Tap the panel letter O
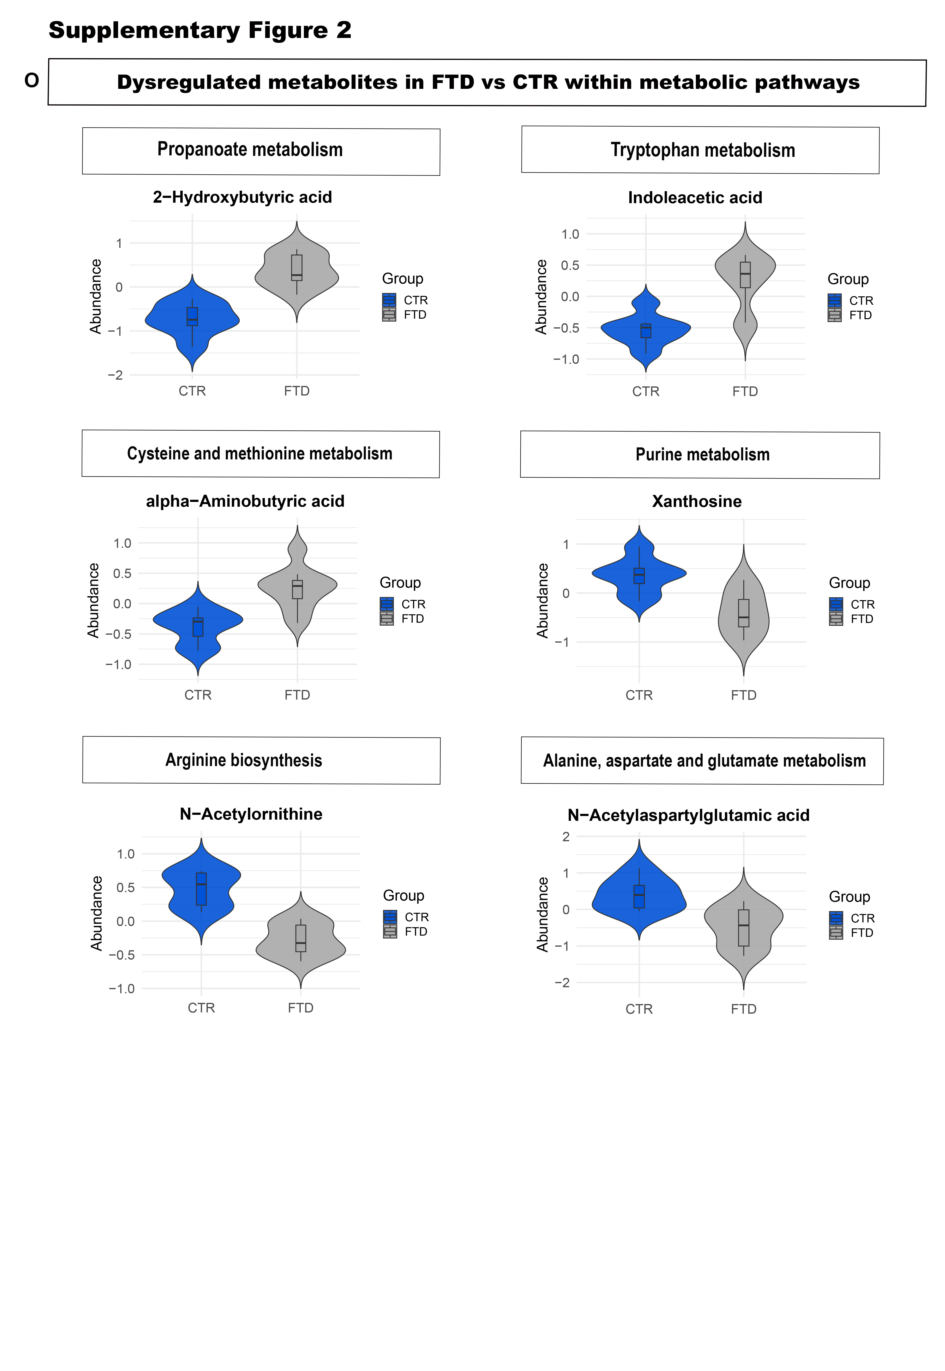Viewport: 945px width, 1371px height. [31, 80]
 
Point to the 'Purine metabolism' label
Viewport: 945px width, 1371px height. [702, 455]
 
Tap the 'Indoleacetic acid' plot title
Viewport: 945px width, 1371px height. [695, 198]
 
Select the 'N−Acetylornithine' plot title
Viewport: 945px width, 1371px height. [251, 814]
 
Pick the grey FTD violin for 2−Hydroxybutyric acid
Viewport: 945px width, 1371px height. [297, 272]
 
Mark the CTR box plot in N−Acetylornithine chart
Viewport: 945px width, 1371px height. [201, 888]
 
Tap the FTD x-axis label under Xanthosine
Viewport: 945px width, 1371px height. [744, 695]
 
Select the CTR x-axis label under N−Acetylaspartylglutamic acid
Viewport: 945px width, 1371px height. [639, 1009]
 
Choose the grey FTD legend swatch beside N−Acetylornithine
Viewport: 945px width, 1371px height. [390, 932]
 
